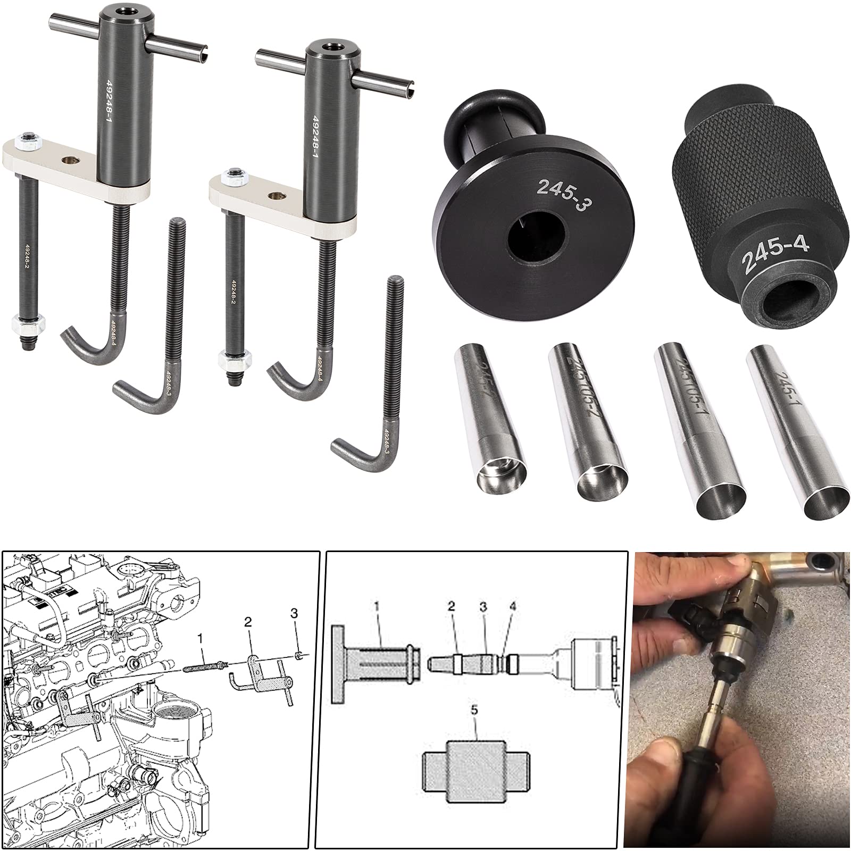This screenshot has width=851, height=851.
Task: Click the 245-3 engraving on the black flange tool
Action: click(564, 195)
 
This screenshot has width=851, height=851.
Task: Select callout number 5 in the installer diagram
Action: click(474, 725)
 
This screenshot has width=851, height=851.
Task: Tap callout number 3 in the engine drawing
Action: click(294, 613)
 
